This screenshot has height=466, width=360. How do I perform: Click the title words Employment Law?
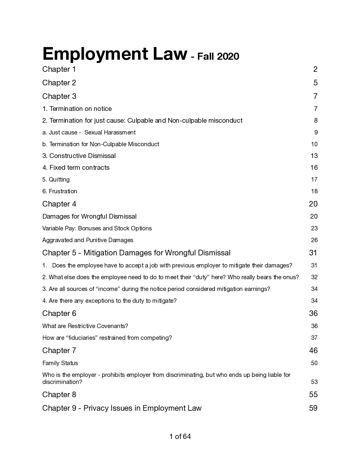click(115, 54)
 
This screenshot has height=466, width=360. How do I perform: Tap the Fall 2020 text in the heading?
click(218, 56)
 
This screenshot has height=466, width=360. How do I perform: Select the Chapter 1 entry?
click(59, 69)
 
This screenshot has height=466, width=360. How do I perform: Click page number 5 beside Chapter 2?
click(315, 83)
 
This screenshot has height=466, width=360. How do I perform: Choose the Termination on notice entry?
click(77, 109)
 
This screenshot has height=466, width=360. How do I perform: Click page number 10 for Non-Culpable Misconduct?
click(314, 144)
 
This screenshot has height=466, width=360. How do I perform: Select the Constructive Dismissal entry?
click(79, 156)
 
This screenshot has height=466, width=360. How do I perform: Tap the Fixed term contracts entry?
click(76, 168)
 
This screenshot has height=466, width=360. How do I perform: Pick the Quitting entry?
click(56, 179)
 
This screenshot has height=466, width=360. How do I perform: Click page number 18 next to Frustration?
click(314, 191)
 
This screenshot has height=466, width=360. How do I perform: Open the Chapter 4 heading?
click(59, 204)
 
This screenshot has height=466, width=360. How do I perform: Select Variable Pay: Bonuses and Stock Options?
click(97, 228)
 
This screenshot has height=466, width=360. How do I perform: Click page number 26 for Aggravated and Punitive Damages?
click(314, 240)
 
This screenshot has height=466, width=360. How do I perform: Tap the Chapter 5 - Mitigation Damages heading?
click(136, 253)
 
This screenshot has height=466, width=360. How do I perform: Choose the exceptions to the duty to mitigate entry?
click(109, 301)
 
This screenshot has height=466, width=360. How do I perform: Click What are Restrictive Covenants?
click(85, 326)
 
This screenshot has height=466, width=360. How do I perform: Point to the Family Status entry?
click(60, 363)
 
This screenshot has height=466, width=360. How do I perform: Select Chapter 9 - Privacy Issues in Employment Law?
click(122, 408)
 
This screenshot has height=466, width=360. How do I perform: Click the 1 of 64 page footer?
click(180, 437)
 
